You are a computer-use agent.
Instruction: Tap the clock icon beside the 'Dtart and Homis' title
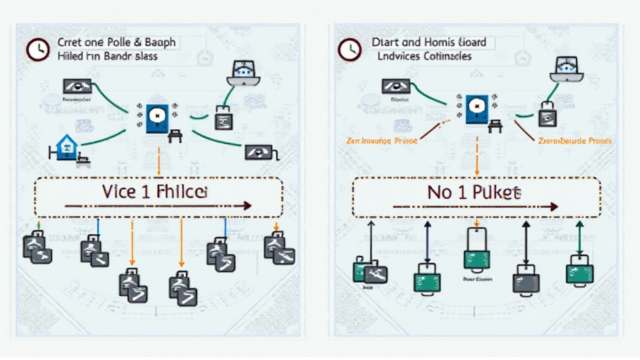point(348,50)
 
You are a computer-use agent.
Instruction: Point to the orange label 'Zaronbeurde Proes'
point(574,141)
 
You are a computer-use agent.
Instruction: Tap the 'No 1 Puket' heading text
point(474,192)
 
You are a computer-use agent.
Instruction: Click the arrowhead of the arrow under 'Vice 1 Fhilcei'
point(247,206)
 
